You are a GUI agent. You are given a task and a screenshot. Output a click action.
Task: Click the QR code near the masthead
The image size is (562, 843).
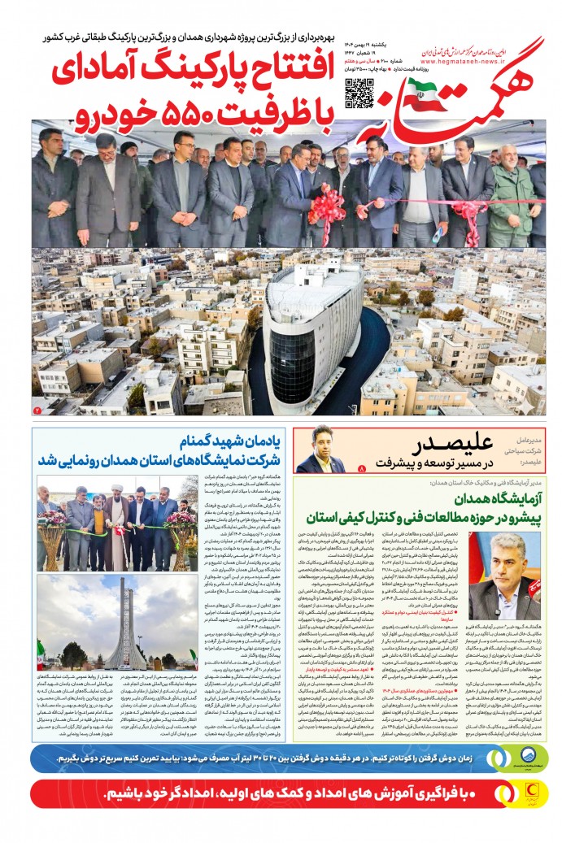[x=359, y=94]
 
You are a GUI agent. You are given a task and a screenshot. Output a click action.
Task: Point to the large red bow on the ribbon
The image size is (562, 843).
[x=327, y=205]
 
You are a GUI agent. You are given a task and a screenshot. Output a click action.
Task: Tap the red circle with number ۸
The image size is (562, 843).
[x=362, y=469]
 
